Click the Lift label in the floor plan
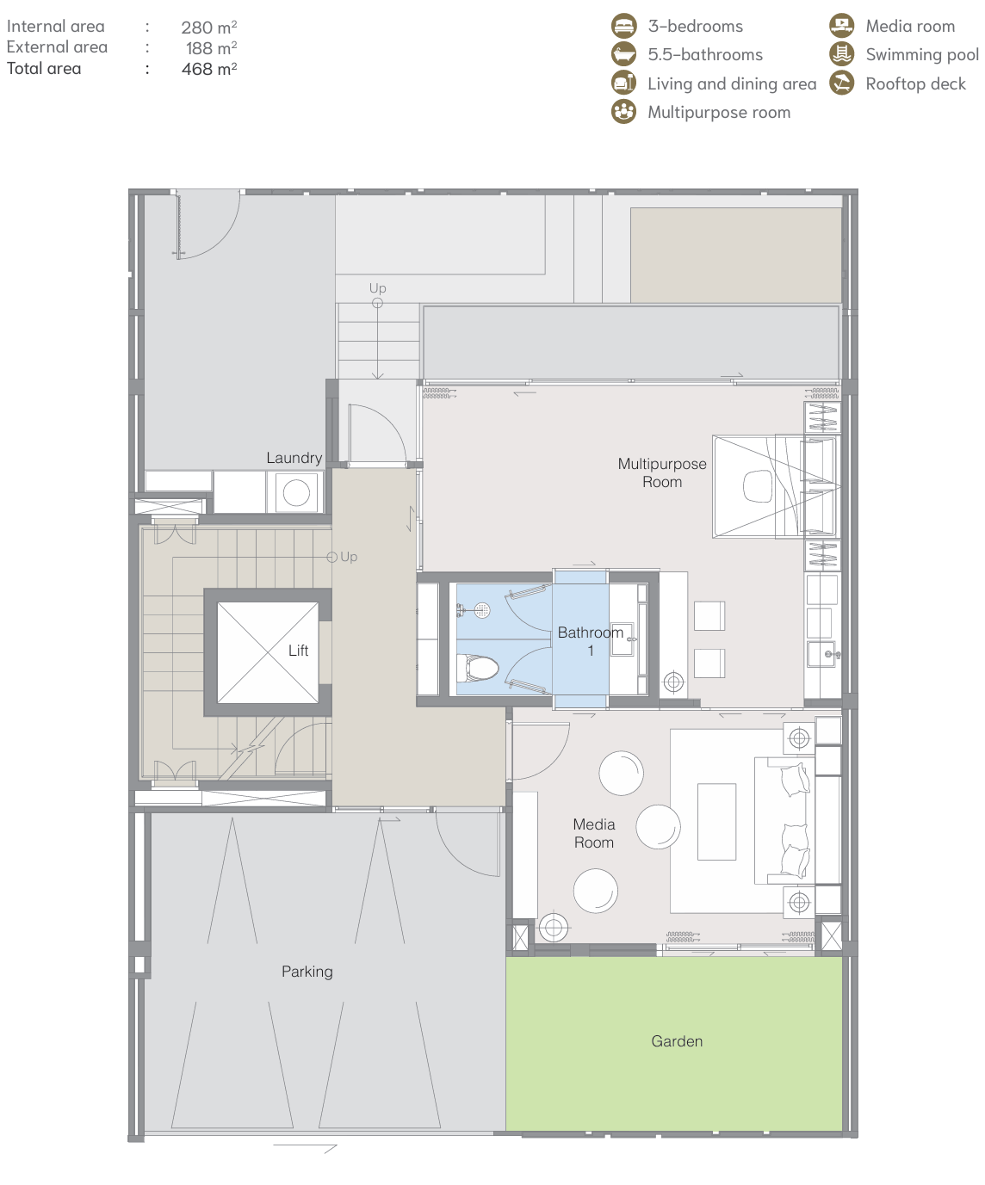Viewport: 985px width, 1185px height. (x=298, y=651)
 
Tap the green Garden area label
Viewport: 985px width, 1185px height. (x=677, y=1040)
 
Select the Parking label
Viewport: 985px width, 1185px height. (x=307, y=972)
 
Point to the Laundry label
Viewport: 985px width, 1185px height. (x=294, y=458)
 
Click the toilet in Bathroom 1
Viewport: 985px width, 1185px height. (x=478, y=668)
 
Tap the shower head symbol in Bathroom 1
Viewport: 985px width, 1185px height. (x=482, y=610)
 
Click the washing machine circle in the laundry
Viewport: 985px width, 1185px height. (x=296, y=492)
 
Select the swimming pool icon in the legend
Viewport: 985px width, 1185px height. (x=841, y=54)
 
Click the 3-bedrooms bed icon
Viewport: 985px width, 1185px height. (x=623, y=26)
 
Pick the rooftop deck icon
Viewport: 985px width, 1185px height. (x=841, y=83)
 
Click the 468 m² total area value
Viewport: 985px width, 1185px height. (x=209, y=69)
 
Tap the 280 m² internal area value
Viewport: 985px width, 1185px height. (x=209, y=27)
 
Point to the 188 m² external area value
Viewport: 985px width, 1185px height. (x=211, y=47)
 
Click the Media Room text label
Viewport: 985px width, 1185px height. (x=594, y=833)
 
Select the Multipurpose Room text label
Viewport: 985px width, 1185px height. (x=662, y=472)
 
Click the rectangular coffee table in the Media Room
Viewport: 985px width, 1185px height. (x=716, y=822)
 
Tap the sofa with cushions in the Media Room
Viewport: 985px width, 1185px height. (x=784, y=821)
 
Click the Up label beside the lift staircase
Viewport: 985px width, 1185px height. (x=349, y=557)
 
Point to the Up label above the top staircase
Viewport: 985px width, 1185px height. (x=377, y=288)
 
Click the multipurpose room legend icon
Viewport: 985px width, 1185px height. (x=623, y=112)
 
